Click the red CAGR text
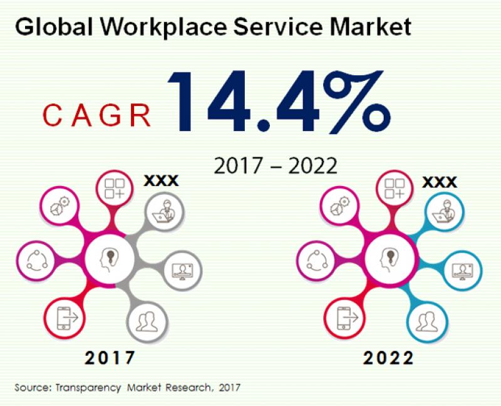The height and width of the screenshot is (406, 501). coord(98,116)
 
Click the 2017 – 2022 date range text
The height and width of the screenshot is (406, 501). coord(276,165)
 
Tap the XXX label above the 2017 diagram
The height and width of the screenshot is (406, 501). coord(161,181)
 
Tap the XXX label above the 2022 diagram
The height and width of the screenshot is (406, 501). coord(439,182)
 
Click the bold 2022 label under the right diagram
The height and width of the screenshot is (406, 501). coord(388,358)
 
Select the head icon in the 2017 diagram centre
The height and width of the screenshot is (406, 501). coord(110,259)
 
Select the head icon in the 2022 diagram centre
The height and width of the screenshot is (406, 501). coord(389,259)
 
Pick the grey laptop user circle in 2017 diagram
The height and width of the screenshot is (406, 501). coord(165,211)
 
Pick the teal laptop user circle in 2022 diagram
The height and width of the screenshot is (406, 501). coord(443,211)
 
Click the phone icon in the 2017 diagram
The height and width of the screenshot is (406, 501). coord(66,318)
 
